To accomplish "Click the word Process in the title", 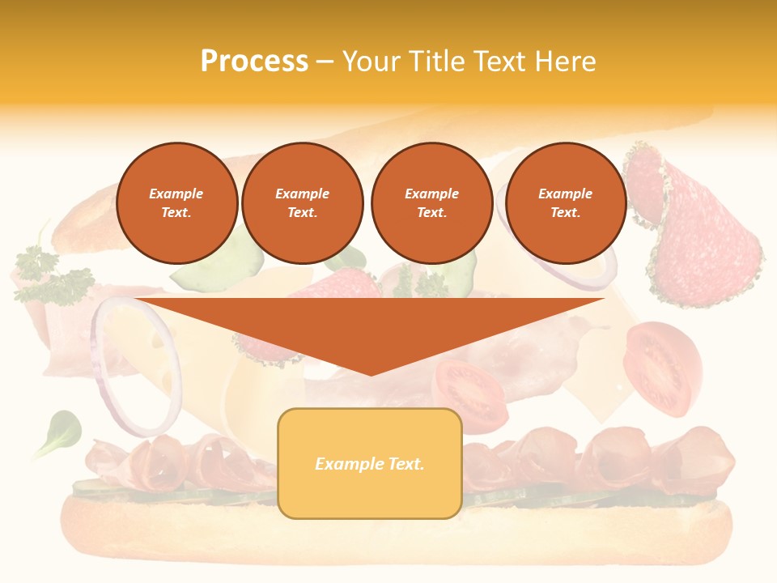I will click(254, 62).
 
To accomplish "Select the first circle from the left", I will click(176, 203).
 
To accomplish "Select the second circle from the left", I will click(302, 203).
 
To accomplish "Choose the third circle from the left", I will click(431, 203).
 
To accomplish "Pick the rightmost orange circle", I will click(565, 203).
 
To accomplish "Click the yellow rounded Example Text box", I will click(369, 463).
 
